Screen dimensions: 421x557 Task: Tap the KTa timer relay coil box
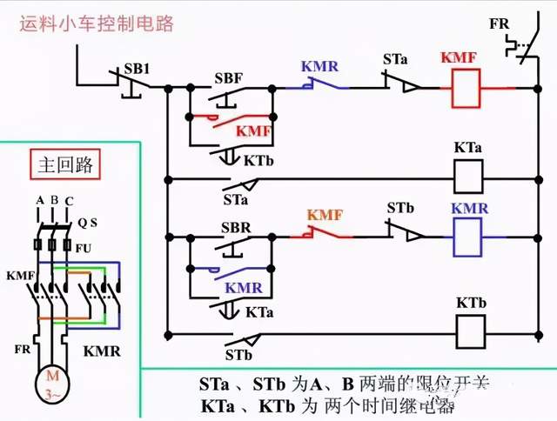[469, 178]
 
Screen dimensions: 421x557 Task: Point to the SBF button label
[229, 77]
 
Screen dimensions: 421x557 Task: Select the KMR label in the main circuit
[102, 352]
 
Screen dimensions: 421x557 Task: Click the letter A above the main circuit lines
[39, 201]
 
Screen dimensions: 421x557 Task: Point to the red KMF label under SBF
[254, 132]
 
